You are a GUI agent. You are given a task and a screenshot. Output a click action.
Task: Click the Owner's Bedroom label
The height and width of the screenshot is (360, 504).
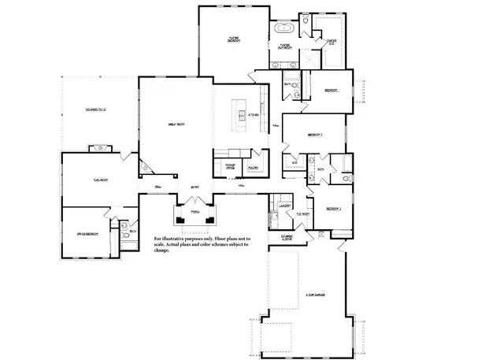click(234, 39)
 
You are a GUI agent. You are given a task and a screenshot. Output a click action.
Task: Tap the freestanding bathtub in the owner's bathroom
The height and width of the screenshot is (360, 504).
click(284, 30)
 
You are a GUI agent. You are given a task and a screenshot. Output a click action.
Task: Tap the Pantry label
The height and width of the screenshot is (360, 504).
click(254, 168)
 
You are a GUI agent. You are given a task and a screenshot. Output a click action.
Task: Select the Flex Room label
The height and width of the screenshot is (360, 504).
click(100, 180)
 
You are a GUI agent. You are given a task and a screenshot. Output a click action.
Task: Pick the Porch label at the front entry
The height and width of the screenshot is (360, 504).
click(195, 212)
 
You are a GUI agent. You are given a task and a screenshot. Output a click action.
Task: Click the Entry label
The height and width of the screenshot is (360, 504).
click(194, 187)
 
